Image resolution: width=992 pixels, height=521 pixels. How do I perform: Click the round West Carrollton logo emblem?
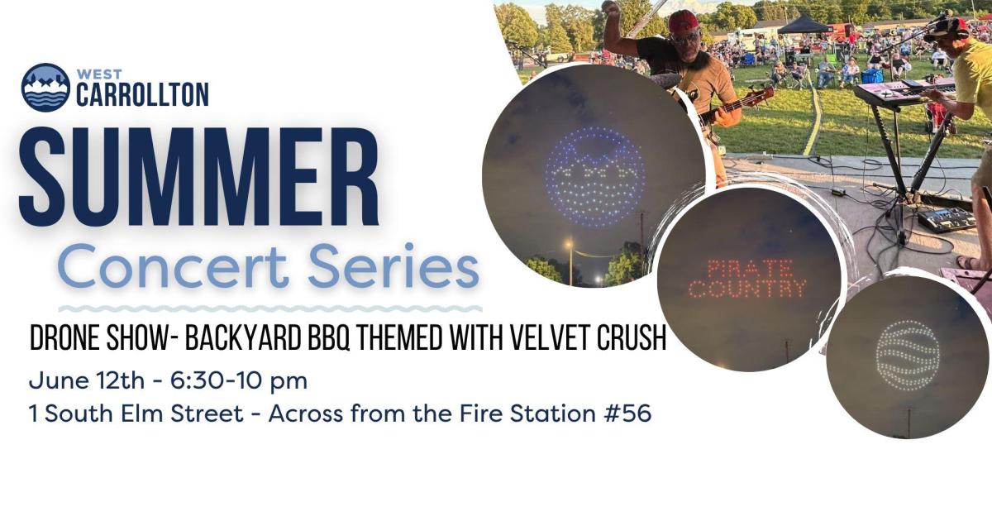(x=45, y=88)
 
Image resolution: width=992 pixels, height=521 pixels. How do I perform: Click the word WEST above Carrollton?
(x=99, y=74)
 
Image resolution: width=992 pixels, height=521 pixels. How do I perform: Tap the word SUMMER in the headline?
(x=199, y=177)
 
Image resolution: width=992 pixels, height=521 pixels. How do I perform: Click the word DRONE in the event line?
(x=68, y=338)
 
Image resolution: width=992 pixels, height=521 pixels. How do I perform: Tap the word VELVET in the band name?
(x=550, y=338)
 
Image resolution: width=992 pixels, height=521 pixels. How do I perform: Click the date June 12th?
(x=87, y=381)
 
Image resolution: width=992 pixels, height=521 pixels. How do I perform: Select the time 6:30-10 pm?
(x=239, y=382)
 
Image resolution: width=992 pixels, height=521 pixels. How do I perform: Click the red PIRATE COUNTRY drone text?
(x=747, y=280)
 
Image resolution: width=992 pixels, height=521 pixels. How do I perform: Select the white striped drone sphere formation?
(x=907, y=356)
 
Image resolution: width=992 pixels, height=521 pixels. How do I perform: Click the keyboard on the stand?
(x=904, y=92)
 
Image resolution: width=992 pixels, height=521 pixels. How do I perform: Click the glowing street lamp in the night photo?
(x=569, y=243)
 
